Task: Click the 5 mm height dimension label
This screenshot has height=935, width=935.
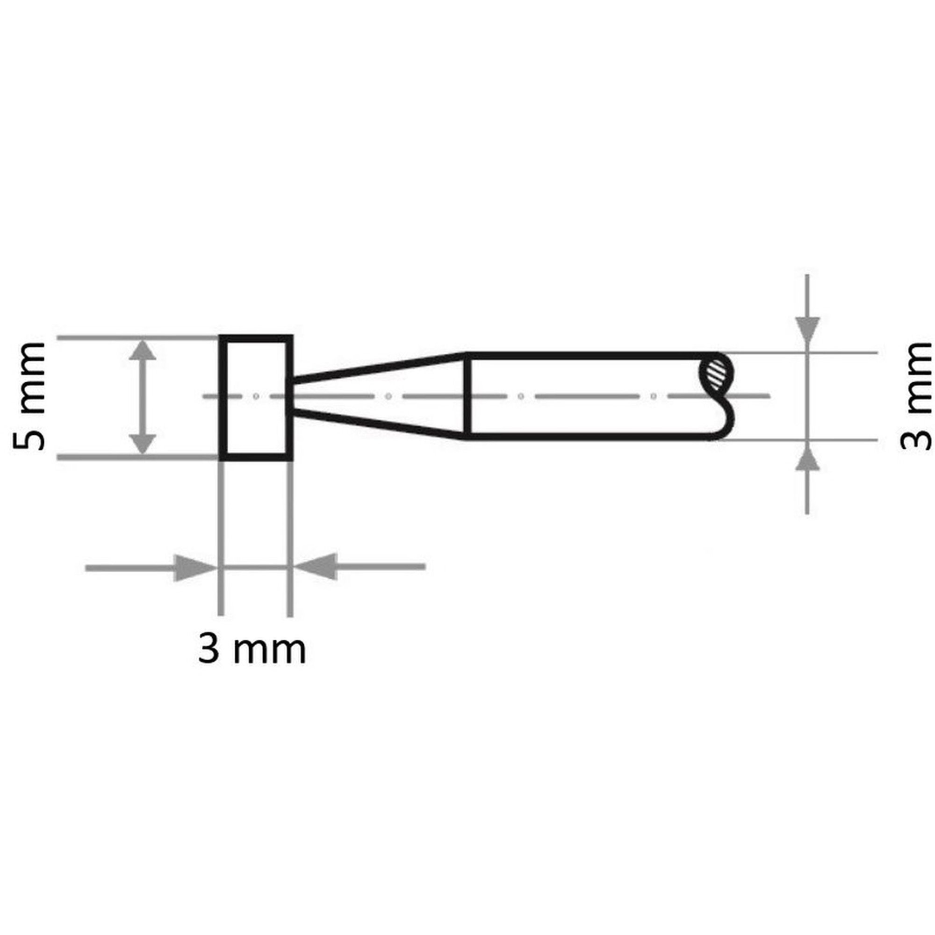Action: point(29,397)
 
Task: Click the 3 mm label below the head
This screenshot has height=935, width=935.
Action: point(252,650)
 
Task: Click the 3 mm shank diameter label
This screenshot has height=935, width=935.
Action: point(915,396)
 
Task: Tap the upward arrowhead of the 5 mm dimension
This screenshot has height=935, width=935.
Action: point(142,349)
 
